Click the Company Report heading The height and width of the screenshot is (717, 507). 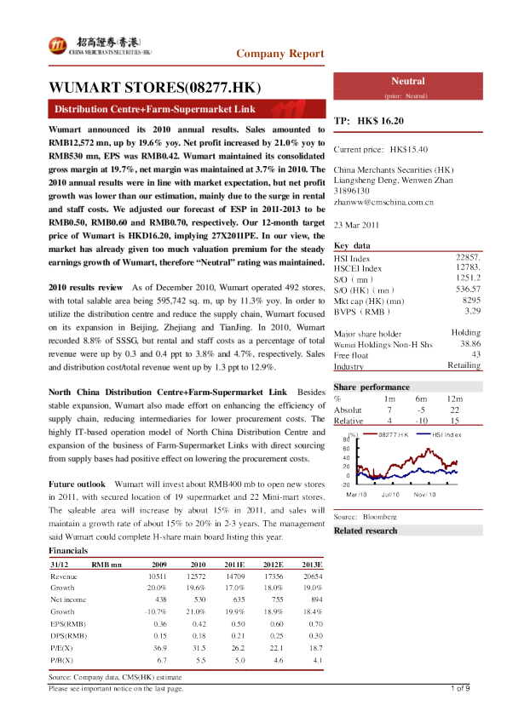pyautogui.click(x=280, y=54)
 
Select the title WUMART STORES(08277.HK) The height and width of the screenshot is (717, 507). pyautogui.click(x=154, y=88)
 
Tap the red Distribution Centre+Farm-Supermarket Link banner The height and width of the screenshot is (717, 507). pyautogui.click(x=155, y=110)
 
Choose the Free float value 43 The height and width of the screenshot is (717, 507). pyautogui.click(x=476, y=354)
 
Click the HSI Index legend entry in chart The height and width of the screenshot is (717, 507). pyautogui.click(x=447, y=434)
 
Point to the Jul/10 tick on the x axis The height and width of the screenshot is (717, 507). pyautogui.click(x=391, y=494)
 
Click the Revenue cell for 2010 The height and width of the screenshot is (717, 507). pyautogui.click(x=197, y=576)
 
